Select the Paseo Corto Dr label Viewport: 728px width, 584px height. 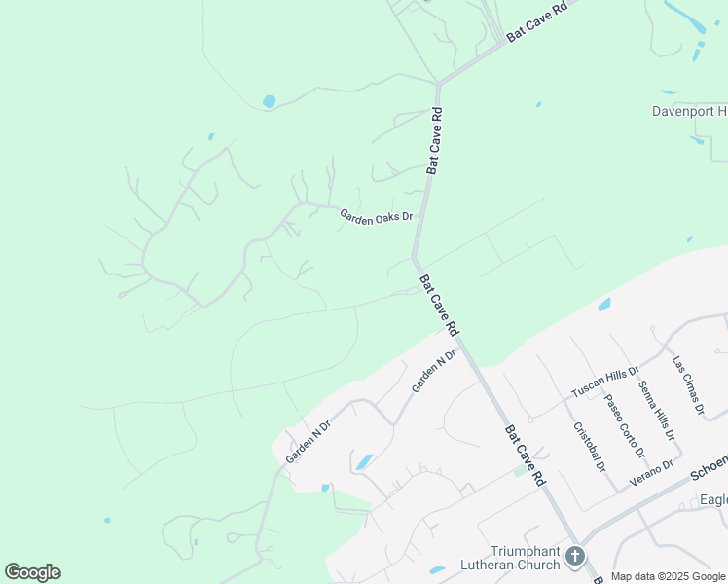click(623, 425)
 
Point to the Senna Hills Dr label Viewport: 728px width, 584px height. click(655, 410)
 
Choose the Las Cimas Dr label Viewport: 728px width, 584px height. click(688, 385)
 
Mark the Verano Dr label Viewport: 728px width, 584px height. click(652, 468)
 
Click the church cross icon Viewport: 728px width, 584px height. click(575, 557)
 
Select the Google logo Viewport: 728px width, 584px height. click(32, 572)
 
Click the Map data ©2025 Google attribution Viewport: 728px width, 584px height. click(669, 577)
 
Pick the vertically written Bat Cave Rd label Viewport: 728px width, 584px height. click(436, 140)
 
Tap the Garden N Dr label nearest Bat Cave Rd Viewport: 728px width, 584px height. click(433, 372)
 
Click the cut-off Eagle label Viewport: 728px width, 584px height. click(713, 500)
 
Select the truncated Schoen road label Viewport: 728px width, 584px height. click(709, 468)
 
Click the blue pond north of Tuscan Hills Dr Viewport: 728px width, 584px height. click(604, 305)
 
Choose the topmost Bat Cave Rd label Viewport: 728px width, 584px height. click(536, 20)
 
